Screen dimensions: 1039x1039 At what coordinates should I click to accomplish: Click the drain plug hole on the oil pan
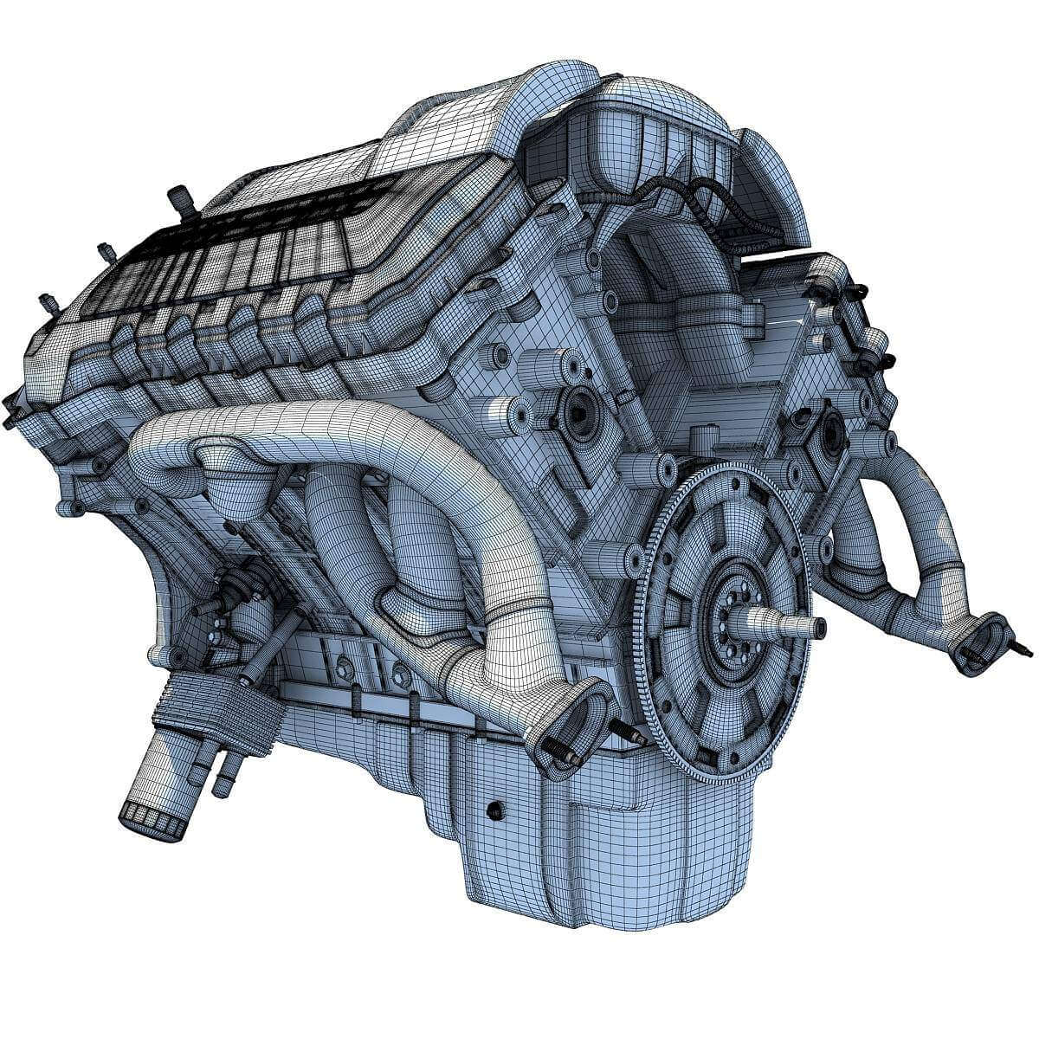pyautogui.click(x=494, y=810)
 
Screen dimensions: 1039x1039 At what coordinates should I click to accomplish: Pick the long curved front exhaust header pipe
pyautogui.click(x=346, y=442)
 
